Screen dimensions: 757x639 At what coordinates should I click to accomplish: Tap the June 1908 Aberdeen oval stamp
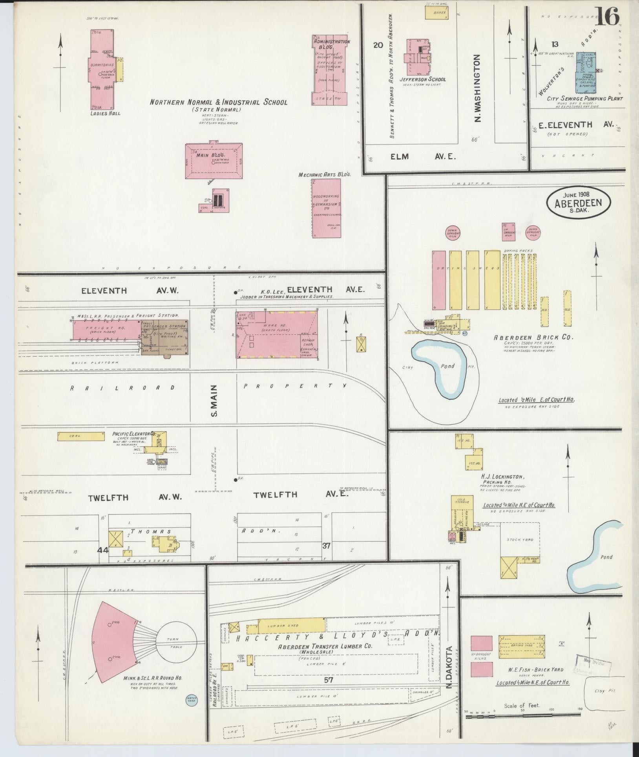coord(579,201)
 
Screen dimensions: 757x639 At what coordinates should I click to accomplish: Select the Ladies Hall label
coord(104,114)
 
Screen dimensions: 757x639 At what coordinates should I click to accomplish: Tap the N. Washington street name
coord(477,88)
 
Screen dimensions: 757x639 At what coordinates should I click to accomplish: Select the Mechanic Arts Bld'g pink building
coord(327,208)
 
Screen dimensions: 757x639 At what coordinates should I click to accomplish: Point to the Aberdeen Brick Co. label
coord(528,337)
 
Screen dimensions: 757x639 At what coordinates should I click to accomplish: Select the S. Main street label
coord(214,400)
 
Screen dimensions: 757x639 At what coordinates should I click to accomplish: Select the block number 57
coord(329,679)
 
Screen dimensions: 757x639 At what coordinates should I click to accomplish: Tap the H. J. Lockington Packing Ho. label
coord(503,480)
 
